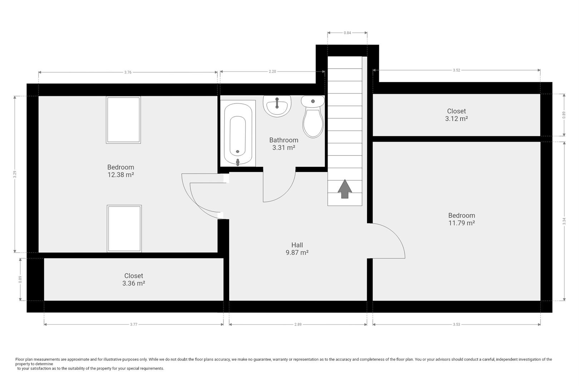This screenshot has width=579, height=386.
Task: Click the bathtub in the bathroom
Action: pos(238,134)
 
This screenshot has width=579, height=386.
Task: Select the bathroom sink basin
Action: pos(277,106)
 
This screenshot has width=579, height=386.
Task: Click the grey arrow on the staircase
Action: pos(345,189)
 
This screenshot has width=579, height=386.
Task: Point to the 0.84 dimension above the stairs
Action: pos(347,33)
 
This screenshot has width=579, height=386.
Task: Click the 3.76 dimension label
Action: pos(128,72)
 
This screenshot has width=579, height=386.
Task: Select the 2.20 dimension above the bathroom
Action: pos(272,71)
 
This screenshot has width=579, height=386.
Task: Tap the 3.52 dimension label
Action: pos(456,70)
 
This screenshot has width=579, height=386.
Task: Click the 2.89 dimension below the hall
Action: pos(298,325)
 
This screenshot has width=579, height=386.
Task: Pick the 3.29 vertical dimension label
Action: pos(15,174)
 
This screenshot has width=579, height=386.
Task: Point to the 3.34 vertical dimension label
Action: pos(564,221)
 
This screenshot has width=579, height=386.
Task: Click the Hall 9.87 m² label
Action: pos(297,249)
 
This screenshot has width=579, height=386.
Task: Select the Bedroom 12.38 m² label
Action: pos(121,171)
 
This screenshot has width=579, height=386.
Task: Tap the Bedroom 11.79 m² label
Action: pos(461,219)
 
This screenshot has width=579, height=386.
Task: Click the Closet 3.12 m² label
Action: pos(456,115)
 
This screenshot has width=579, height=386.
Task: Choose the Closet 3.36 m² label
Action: pos(134,279)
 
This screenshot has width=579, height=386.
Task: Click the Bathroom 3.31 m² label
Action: pos(284,144)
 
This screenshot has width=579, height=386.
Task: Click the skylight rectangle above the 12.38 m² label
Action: pos(123,120)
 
